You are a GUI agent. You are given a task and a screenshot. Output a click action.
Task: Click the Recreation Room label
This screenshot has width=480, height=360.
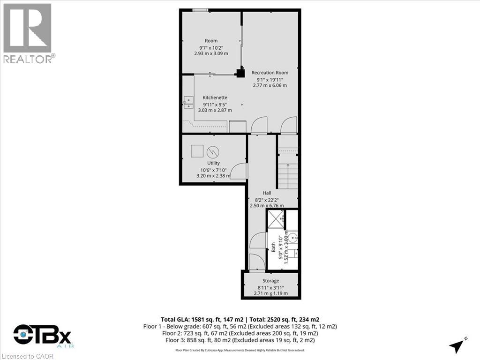pos(270,73)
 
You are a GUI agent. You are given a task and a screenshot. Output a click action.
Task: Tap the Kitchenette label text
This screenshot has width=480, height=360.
pos(215,97)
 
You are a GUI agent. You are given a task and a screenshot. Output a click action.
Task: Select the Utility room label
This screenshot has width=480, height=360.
pos(213,163)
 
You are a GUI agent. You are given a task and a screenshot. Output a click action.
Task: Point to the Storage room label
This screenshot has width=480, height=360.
pos(270,281)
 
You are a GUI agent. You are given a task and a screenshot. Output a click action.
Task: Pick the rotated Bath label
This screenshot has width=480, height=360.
pos(273,247)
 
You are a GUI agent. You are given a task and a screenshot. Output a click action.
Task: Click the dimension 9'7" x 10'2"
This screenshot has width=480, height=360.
pos(211,47)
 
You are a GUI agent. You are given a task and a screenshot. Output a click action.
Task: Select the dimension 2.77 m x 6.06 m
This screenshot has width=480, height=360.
pos(270,85)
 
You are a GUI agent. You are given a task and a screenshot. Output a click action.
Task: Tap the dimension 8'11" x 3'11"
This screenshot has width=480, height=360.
pos(270,287)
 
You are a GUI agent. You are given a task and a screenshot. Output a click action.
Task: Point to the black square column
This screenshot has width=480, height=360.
pos(240,73)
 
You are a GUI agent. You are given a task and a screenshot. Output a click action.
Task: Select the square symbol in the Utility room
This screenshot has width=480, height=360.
pos(197,151)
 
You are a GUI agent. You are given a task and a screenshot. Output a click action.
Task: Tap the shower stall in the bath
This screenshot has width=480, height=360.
pos(276,218)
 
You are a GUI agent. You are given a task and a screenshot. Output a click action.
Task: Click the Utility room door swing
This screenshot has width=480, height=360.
pos(240,170)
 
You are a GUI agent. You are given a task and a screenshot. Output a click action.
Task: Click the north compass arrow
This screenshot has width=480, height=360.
pos(457,345)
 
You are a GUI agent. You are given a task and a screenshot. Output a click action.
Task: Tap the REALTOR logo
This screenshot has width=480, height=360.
pos(28,33)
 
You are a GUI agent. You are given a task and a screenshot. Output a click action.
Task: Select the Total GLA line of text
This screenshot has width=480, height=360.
pos(240,319)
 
